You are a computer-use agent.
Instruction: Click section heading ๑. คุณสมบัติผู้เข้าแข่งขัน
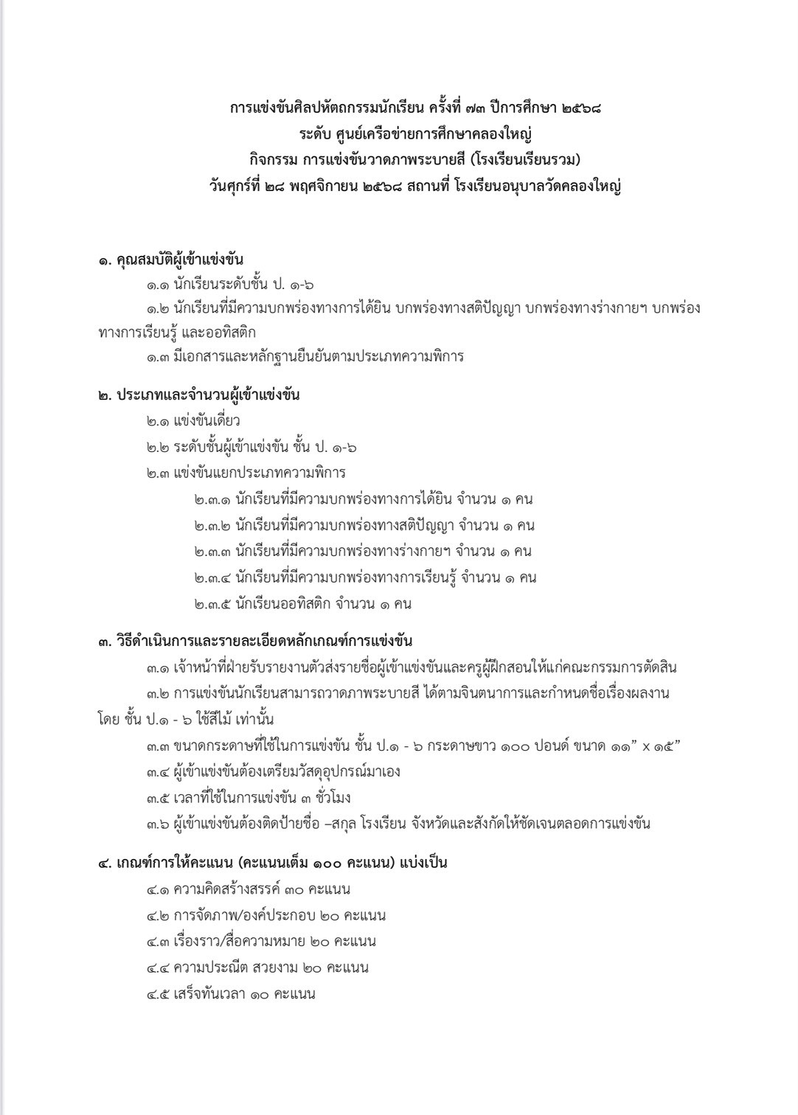click(171, 260)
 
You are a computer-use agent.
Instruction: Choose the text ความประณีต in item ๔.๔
click(210, 968)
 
